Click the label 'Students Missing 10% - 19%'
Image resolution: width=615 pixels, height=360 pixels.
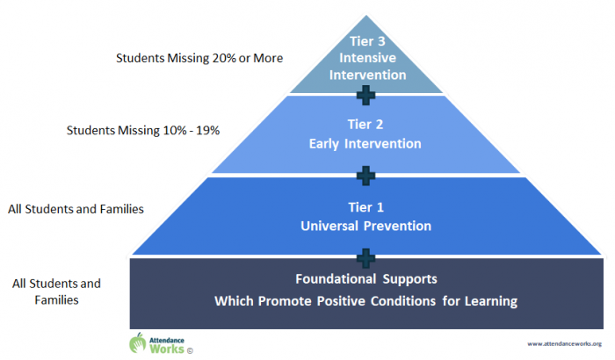[142, 131]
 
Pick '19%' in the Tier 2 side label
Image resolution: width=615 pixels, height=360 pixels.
[206, 131]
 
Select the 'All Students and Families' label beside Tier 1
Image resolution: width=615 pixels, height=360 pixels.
[76, 209]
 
